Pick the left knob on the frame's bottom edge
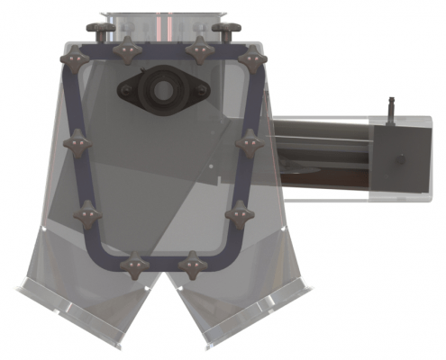point(134,265)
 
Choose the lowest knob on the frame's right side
point(237,214)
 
